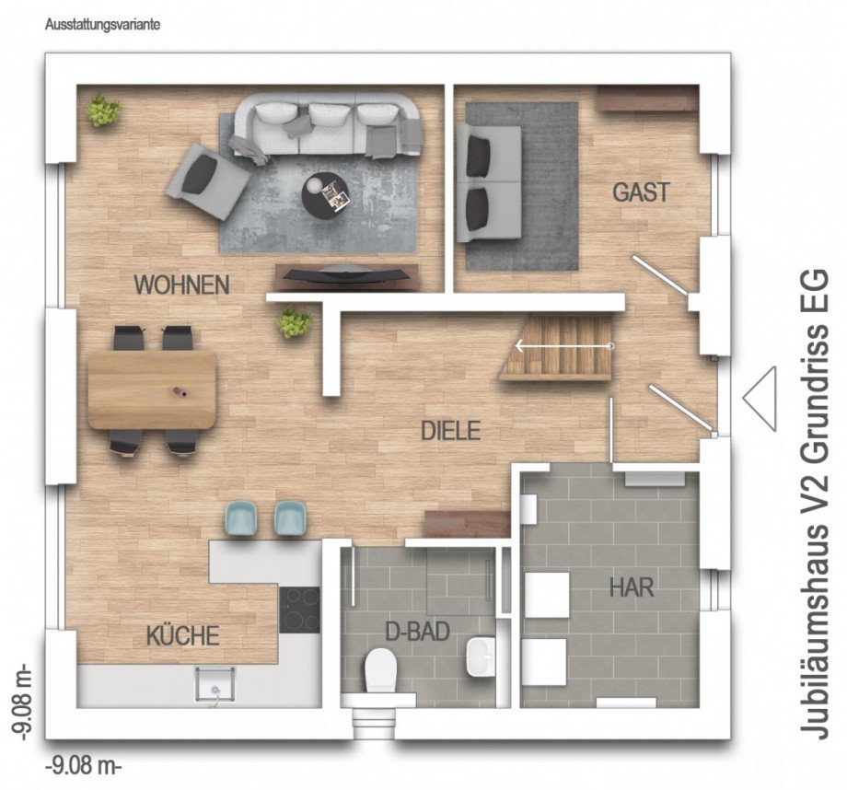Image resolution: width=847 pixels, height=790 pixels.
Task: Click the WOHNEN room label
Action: [182, 285]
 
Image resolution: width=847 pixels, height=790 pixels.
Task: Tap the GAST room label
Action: [641, 192]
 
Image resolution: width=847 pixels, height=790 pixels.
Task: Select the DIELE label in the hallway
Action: [450, 431]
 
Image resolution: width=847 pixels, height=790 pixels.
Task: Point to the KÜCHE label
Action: [182, 635]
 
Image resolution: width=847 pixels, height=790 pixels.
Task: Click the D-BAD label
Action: [418, 631]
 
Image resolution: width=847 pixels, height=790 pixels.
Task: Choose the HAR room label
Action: [632, 587]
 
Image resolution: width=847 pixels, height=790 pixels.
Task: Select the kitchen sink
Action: [215, 683]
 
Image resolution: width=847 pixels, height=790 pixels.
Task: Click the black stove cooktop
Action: [300, 610]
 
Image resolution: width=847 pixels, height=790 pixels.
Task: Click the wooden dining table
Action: [152, 389]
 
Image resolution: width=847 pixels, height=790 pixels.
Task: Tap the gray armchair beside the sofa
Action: [207, 180]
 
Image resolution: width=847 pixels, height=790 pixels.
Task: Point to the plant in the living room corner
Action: [103, 110]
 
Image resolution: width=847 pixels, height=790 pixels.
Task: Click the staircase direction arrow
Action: [564, 346]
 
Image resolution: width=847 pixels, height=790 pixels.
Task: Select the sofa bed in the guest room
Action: [488, 182]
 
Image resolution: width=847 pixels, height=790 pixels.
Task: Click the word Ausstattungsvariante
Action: [102, 25]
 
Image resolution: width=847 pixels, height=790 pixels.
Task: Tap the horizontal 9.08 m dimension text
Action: [83, 765]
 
